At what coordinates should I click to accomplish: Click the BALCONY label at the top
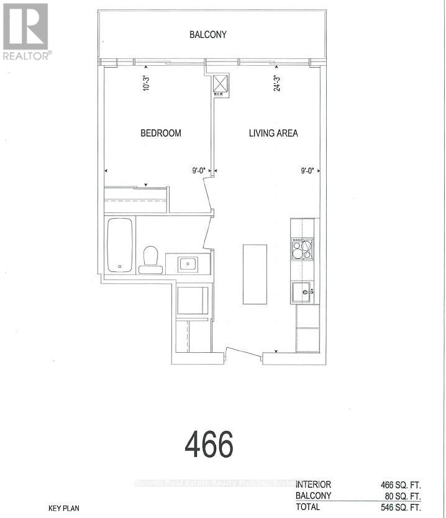coord(208,35)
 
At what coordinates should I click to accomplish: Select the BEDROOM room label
coord(160,133)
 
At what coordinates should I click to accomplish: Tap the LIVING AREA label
coord(273,133)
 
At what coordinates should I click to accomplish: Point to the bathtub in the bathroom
coord(119,245)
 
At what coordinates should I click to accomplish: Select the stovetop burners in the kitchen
coord(302,249)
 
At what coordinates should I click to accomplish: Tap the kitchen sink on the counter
coord(303,291)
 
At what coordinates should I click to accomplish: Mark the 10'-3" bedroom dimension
coord(147,83)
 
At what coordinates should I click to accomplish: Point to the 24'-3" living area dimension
coord(277,83)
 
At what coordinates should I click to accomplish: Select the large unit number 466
coord(209,444)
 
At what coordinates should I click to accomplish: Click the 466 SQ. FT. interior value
coord(401,484)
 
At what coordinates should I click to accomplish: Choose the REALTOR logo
coord(26,31)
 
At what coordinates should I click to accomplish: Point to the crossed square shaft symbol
coord(221,84)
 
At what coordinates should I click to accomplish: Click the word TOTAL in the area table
coord(309,507)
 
